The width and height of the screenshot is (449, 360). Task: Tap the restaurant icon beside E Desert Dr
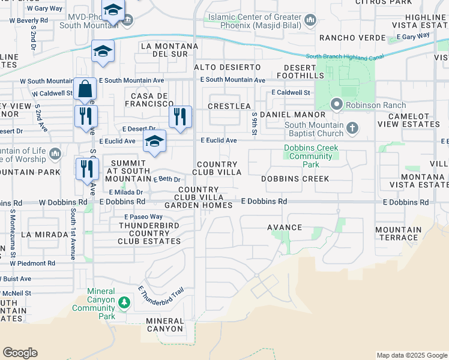(179, 116)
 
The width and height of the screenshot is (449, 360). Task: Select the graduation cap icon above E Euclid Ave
(154, 142)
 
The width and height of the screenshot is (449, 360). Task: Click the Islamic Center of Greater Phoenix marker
(310, 21)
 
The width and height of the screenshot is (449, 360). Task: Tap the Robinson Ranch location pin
(336, 104)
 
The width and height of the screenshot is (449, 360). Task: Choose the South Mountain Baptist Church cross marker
(352, 128)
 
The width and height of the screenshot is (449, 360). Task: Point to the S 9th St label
(255, 123)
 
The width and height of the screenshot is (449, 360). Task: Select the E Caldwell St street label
(291, 92)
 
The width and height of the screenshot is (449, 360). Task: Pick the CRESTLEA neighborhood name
(229, 106)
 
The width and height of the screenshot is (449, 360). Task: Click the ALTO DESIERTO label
(228, 67)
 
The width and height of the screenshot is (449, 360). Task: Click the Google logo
(20, 353)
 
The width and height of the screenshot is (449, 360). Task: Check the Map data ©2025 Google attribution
(412, 355)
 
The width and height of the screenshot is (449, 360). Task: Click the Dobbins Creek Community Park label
(311, 156)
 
